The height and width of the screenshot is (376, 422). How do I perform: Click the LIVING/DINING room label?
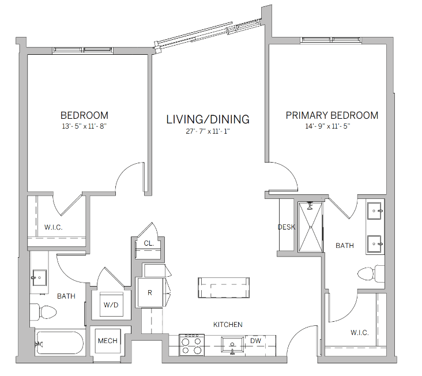pos(208,119)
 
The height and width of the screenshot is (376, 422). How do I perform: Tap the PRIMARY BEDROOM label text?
pos(332,115)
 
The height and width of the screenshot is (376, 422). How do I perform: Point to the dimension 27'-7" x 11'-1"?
pos(208,131)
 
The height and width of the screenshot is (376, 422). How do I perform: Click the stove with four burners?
pos(191,344)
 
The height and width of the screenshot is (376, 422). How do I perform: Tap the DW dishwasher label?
pos(255,341)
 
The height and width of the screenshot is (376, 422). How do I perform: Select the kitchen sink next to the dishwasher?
pos(233,344)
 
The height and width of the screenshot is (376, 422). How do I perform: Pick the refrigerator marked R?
pos(149,292)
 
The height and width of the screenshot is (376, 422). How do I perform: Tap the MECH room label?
pos(107,341)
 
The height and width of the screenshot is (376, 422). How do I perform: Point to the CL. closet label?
pos(148,243)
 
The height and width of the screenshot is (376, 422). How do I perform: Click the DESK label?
pos(287,227)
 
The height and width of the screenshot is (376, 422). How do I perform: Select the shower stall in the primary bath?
pos(311,226)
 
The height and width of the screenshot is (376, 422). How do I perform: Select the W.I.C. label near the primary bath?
pos(360,333)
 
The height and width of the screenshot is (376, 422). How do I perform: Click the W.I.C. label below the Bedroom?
pos(53,227)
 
